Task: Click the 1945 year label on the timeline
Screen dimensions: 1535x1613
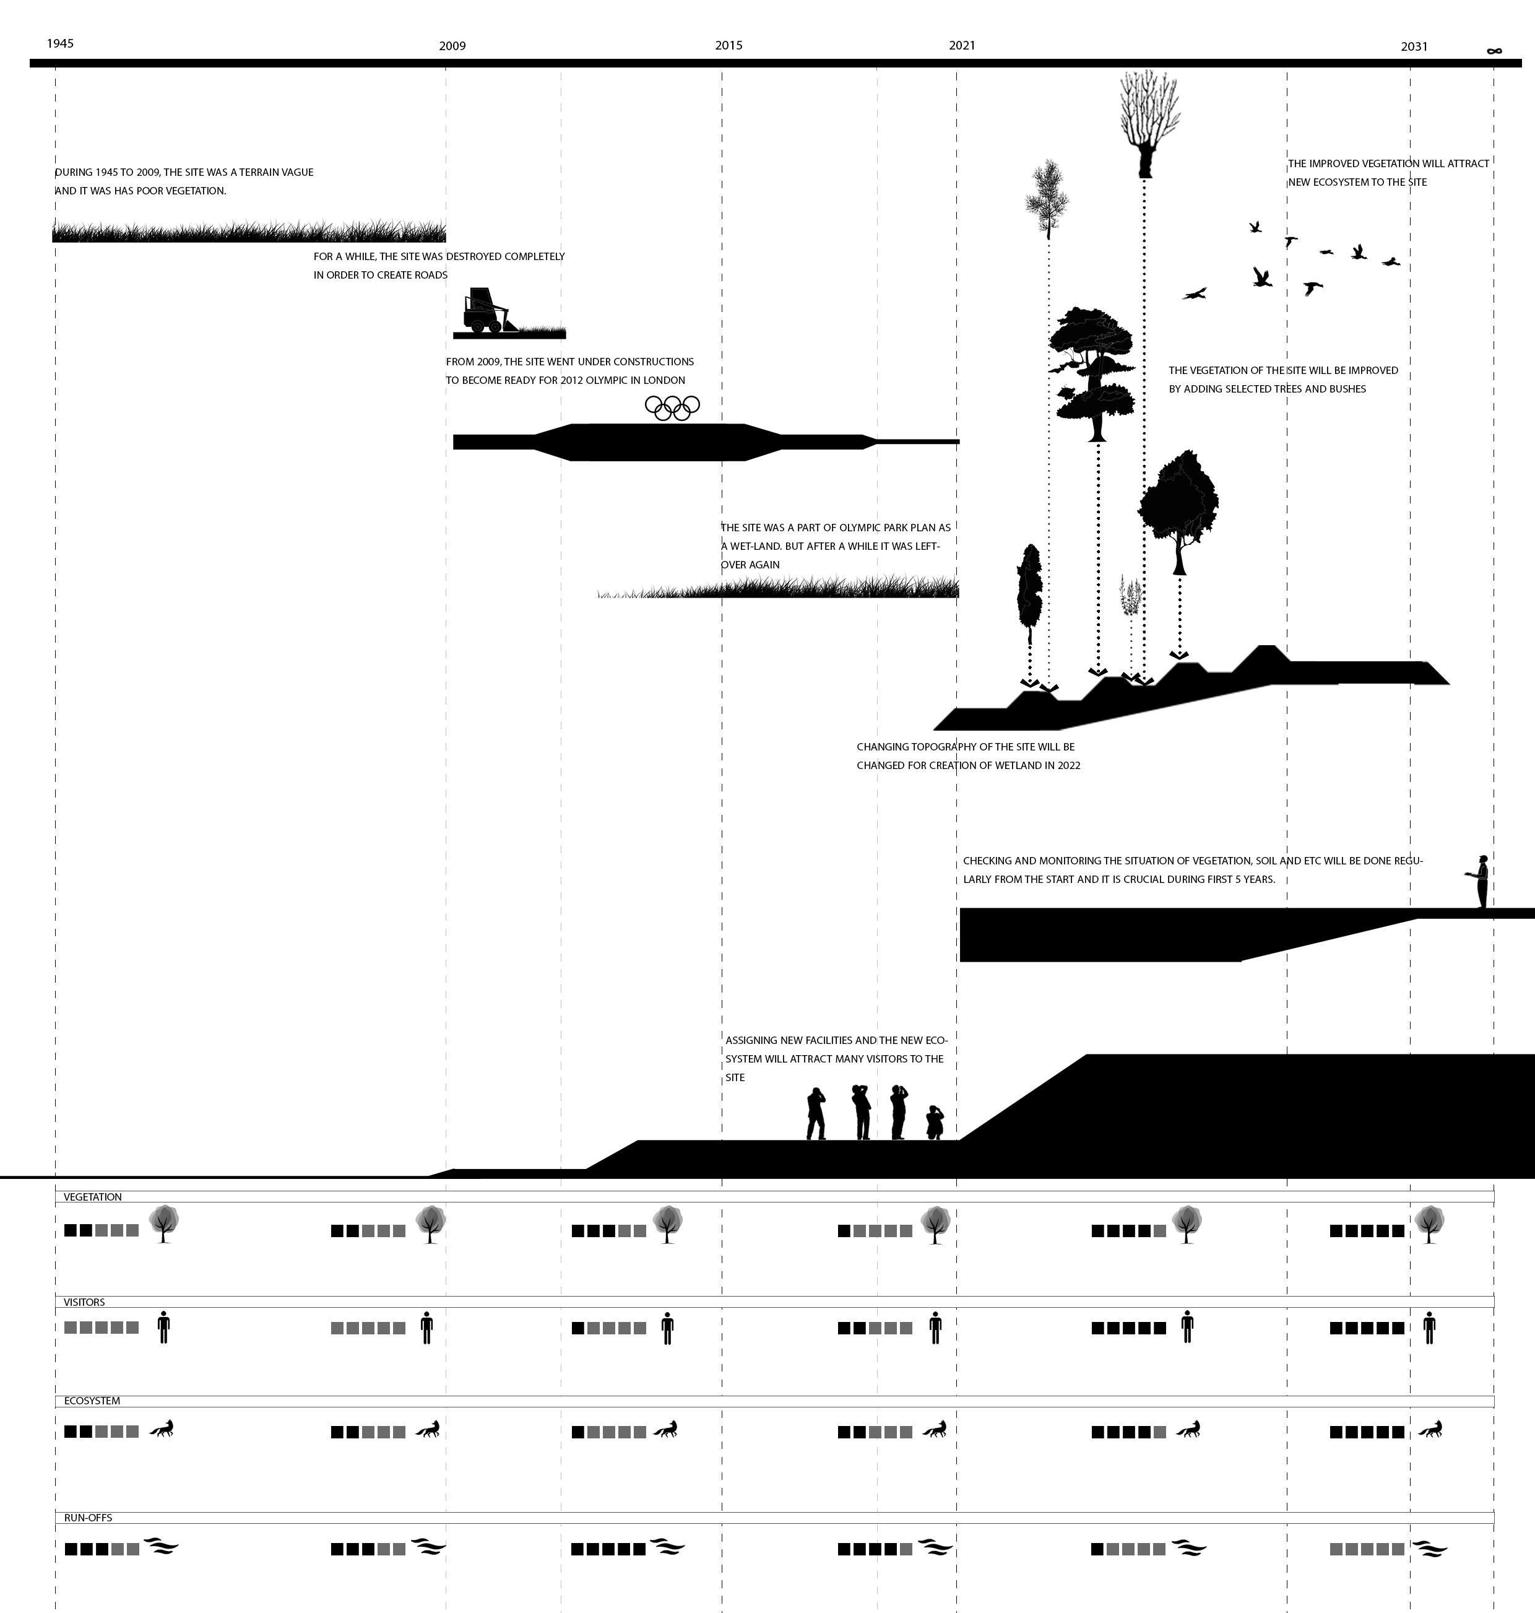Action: pyautogui.click(x=60, y=43)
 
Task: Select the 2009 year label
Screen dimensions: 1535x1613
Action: pyautogui.click(x=452, y=46)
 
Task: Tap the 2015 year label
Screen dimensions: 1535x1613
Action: pyautogui.click(x=729, y=45)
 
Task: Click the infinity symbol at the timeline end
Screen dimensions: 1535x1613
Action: pyautogui.click(x=1494, y=51)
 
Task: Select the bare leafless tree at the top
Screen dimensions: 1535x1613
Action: pyautogui.click(x=1149, y=123)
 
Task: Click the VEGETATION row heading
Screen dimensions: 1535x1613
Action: pyautogui.click(x=92, y=1196)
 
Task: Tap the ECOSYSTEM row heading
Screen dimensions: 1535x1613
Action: pyautogui.click(x=92, y=1400)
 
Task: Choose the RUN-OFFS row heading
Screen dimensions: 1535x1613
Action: pyautogui.click(x=87, y=1517)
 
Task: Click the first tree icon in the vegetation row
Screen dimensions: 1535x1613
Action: pyautogui.click(x=163, y=1224)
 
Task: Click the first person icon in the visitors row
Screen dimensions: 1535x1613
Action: pyautogui.click(x=163, y=1326)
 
